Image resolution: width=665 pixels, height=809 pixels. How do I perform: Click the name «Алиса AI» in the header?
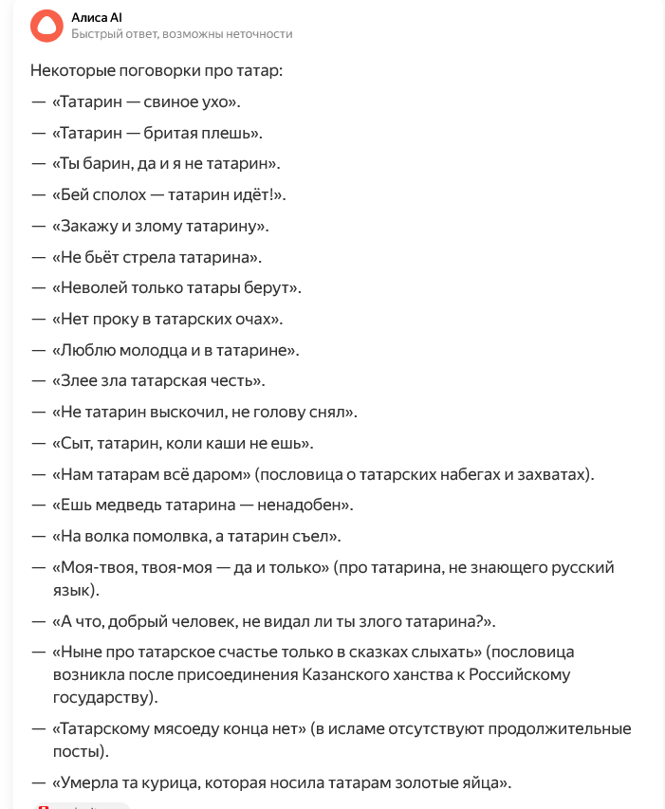tap(97, 18)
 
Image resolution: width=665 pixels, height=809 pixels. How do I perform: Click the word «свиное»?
tap(169, 101)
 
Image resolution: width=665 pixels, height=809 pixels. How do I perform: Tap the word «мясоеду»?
tap(172, 728)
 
